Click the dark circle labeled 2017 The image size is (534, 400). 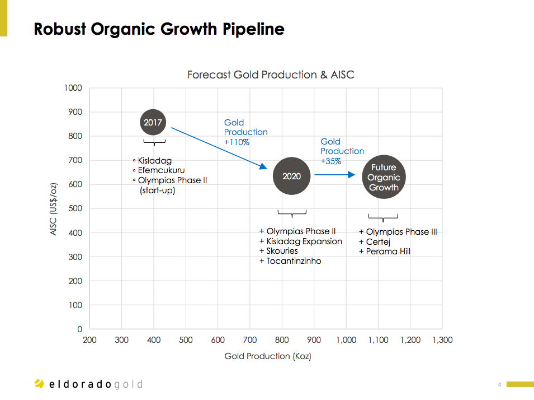[x=153, y=122]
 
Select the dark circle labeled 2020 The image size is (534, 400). [x=291, y=176]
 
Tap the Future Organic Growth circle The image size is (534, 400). [x=383, y=177]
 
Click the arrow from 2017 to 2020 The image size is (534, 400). [x=218, y=148]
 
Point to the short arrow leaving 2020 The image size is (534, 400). [x=334, y=175]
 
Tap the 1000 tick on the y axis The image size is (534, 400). [x=73, y=88]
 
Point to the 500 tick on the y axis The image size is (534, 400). [x=75, y=208]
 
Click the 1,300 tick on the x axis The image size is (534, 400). [x=442, y=340]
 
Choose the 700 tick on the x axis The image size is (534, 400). [x=250, y=340]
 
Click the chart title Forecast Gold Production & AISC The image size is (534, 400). [x=271, y=75]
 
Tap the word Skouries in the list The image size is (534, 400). [x=282, y=251]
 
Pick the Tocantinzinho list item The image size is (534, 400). [x=294, y=261]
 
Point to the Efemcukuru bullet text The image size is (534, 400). [x=162, y=170]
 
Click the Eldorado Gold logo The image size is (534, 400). [x=88, y=384]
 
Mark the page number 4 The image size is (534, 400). [x=499, y=384]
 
